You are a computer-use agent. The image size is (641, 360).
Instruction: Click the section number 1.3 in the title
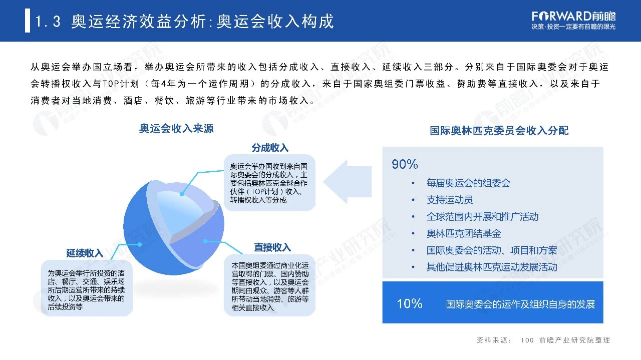(49, 22)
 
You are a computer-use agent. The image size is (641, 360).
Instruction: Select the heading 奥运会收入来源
(176, 129)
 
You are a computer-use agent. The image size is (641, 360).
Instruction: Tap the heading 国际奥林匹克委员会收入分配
(499, 131)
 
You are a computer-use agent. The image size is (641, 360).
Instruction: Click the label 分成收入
(270, 148)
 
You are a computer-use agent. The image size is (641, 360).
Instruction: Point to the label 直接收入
(272, 247)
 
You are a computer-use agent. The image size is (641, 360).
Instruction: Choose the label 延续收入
(85, 253)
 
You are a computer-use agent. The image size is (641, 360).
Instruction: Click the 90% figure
(405, 164)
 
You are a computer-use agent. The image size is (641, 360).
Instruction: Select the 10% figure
(410, 303)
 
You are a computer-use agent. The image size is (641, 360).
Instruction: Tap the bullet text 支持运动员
(450, 200)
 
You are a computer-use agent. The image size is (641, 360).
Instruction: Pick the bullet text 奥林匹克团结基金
(464, 233)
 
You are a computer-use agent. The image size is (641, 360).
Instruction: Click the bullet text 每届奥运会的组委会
(468, 183)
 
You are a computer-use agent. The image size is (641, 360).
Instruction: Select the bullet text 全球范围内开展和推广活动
(482, 217)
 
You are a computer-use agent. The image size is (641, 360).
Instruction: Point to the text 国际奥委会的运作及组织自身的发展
(521, 304)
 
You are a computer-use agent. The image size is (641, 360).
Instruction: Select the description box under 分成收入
(269, 183)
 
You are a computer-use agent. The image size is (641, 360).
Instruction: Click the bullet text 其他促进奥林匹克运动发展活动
(492, 267)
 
